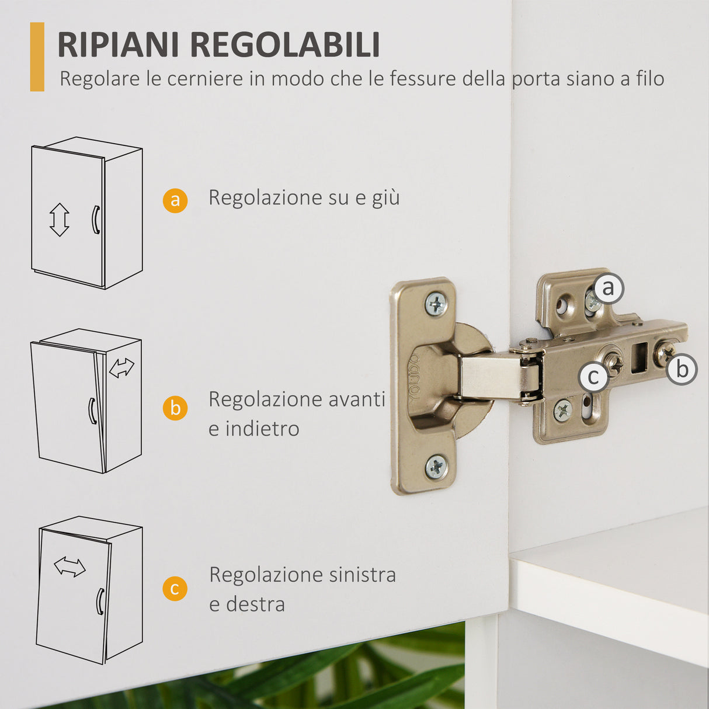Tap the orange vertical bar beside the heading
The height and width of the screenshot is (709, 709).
pyautogui.click(x=37, y=57)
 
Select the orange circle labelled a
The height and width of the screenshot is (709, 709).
pyautogui.click(x=175, y=200)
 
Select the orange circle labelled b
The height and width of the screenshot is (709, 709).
pyautogui.click(x=175, y=408)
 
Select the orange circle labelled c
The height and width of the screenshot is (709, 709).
pyautogui.click(x=175, y=588)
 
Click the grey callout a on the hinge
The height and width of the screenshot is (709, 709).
pyautogui.click(x=609, y=288)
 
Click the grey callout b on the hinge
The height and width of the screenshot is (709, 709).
pyautogui.click(x=682, y=369)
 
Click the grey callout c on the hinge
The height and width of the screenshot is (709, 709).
pyautogui.click(x=594, y=377)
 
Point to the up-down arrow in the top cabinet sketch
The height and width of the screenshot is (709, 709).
pyautogui.click(x=59, y=220)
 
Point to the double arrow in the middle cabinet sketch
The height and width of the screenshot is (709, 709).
pyautogui.click(x=121, y=367)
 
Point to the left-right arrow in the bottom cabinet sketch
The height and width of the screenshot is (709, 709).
pyautogui.click(x=69, y=566)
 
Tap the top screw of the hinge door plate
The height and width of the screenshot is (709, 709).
pyautogui.click(x=436, y=304)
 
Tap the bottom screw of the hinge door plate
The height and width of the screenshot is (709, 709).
pyautogui.click(x=436, y=467)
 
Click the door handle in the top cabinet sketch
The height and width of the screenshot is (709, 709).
pyautogui.click(x=95, y=220)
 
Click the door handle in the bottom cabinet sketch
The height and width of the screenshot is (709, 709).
pyautogui.click(x=100, y=601)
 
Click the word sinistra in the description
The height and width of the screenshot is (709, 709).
pyautogui.click(x=362, y=575)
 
